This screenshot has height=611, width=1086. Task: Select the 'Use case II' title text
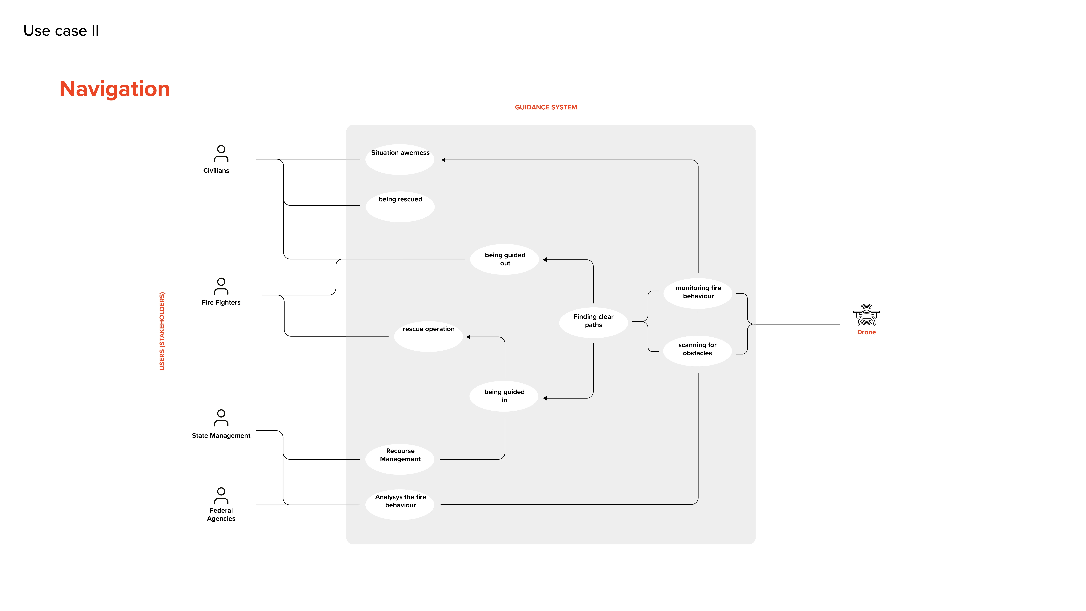[61, 31]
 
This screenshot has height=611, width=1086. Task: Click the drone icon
[866, 315]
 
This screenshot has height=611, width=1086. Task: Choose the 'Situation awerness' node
[400, 159]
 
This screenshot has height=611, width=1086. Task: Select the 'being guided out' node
[505, 259]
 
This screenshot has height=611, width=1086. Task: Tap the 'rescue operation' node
[428, 336]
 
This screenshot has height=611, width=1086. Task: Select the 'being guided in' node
[504, 396]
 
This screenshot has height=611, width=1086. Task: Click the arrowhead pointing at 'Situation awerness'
[443, 160]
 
